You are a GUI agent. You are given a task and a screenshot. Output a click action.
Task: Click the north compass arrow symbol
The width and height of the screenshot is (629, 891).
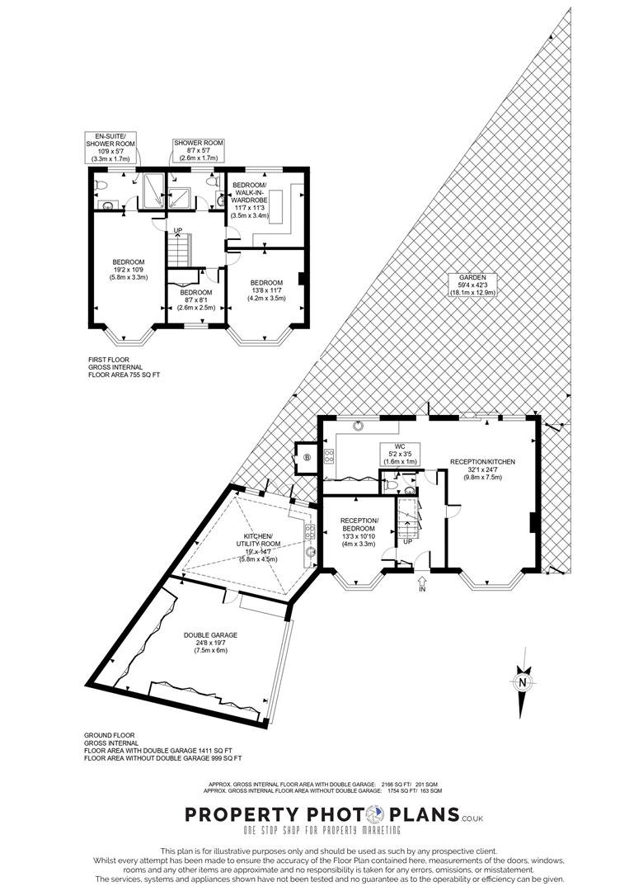(523, 691)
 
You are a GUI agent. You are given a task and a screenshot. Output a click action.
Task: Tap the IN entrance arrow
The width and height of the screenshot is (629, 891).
(422, 582)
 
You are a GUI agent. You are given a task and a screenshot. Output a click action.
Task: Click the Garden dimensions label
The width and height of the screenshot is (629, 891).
(473, 285)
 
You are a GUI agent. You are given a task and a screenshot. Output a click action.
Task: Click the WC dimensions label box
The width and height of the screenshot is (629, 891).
(400, 454)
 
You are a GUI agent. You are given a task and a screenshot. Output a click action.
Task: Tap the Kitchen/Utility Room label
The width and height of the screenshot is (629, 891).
(258, 548)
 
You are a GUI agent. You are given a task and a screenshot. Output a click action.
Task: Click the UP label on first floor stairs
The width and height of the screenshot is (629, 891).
(178, 230)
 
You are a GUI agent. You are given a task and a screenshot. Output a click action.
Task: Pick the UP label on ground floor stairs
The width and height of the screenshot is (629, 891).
(407, 541)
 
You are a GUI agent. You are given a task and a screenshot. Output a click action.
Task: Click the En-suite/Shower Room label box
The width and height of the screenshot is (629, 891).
(110, 147)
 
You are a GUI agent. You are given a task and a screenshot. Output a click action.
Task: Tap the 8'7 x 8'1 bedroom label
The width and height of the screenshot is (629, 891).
(196, 300)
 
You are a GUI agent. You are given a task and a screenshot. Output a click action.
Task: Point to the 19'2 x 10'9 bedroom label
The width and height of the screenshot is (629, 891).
(129, 270)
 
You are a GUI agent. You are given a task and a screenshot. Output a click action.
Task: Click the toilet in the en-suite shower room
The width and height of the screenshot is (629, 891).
(100, 186)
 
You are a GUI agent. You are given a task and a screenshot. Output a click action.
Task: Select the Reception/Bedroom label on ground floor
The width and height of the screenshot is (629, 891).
(359, 532)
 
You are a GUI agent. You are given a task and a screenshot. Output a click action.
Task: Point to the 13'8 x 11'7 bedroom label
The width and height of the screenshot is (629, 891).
(267, 290)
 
